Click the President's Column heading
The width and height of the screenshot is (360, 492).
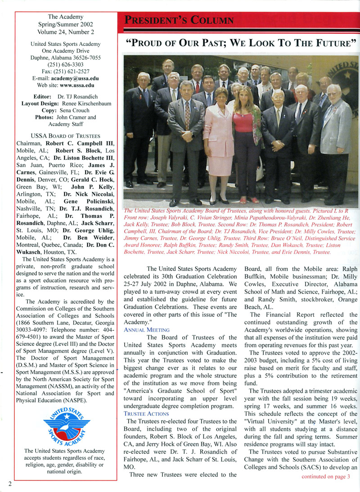click(179, 21)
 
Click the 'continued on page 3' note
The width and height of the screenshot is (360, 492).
click(325, 477)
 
